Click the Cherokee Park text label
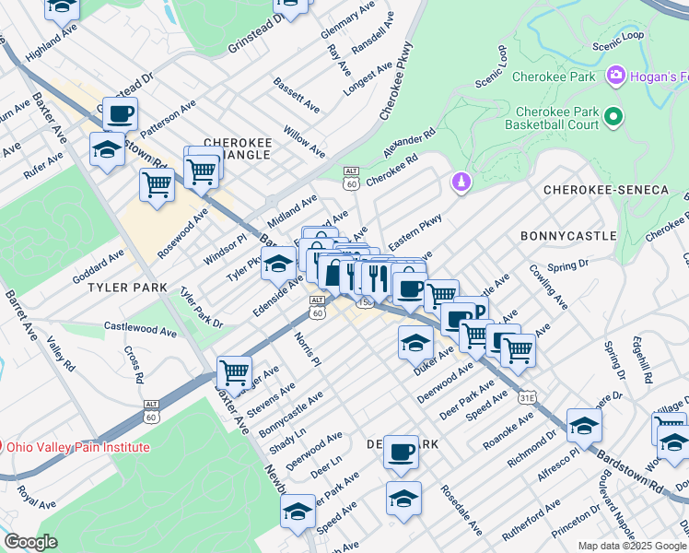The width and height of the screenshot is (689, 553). [x=557, y=76]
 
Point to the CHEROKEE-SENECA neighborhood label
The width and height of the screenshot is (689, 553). [x=605, y=189]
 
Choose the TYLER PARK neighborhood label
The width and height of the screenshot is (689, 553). [x=127, y=288]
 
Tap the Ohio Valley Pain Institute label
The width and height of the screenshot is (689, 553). [x=78, y=447]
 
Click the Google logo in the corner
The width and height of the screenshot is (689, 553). [x=30, y=542]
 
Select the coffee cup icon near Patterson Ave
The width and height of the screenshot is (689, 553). [x=120, y=114]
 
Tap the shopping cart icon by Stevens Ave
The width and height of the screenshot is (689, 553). [x=235, y=373]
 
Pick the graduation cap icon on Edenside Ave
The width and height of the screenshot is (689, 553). [x=278, y=265]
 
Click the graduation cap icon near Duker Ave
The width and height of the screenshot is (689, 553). [x=415, y=344]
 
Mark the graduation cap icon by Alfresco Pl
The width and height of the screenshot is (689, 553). [x=584, y=425]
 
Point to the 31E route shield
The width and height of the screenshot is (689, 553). [x=526, y=397]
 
